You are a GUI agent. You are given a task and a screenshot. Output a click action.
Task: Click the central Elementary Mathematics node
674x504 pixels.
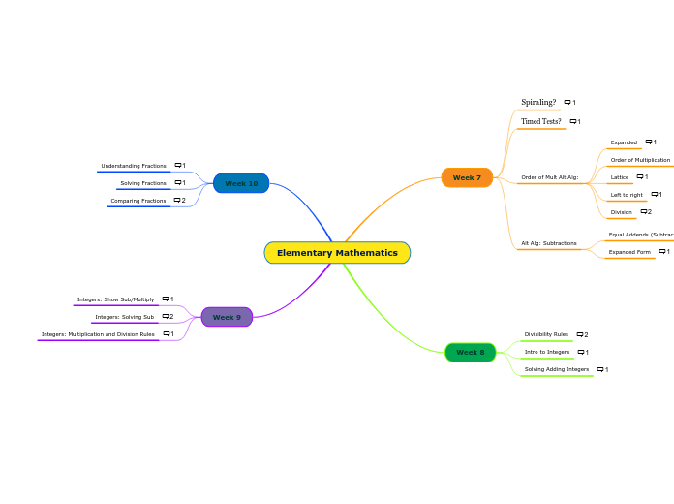coord(337,253)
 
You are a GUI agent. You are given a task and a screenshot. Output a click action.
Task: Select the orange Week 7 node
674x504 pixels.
coord(467,177)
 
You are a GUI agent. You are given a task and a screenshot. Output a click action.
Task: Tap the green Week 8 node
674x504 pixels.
coord(470,353)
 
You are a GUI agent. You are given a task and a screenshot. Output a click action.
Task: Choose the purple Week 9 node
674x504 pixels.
coord(227,317)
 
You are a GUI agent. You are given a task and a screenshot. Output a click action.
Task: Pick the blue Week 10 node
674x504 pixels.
coord(241,183)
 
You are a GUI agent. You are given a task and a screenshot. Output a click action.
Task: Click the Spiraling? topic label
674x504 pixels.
coord(538,102)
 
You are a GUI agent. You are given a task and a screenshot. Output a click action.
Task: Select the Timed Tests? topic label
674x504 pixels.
coord(540,121)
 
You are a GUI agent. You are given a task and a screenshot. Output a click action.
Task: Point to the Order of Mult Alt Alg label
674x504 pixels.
coord(549,177)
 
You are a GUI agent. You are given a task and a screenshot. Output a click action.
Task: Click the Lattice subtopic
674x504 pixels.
coord(620,177)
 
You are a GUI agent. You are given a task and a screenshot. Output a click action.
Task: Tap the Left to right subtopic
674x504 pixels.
coord(627,195)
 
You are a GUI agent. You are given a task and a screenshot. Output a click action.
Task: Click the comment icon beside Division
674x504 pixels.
coord(645,211)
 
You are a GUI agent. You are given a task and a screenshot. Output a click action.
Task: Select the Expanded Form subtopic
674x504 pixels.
coord(629,252)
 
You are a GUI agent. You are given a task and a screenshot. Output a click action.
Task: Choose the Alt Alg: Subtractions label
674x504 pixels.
coord(549,243)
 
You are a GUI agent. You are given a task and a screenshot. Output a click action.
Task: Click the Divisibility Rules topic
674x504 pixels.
coord(546,334)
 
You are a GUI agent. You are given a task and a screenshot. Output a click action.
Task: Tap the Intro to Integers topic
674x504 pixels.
coord(547,352)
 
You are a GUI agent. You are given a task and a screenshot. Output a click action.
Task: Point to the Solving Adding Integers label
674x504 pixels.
coord(556,369)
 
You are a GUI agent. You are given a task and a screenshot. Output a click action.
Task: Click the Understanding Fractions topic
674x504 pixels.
coord(134,166)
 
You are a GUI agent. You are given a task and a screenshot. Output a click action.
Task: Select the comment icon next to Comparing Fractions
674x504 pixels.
coord(179,200)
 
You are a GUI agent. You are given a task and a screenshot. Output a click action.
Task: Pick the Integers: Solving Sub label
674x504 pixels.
coord(124,317)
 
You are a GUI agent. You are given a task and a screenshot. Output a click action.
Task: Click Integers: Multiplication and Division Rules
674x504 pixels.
coord(98,334)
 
